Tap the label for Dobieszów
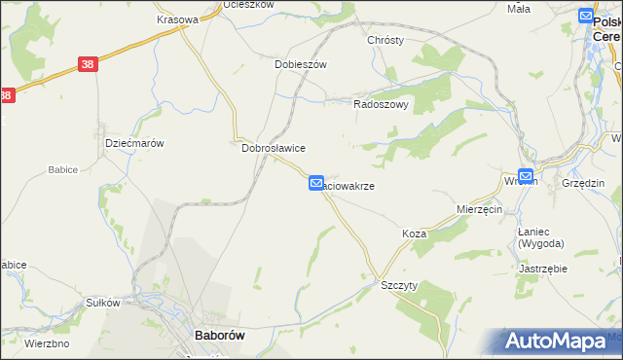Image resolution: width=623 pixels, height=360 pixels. click(x=300, y=64)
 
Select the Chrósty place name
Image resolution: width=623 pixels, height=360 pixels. click(x=385, y=40)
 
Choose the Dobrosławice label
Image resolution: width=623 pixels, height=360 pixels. click(x=274, y=148)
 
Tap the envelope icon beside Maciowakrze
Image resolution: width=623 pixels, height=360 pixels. click(x=316, y=183)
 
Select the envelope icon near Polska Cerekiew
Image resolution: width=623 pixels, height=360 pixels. click(x=585, y=16)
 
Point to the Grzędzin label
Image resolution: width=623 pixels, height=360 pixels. click(x=583, y=183)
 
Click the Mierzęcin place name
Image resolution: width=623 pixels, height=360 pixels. click(x=479, y=209)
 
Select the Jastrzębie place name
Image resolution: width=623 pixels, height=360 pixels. click(x=543, y=268)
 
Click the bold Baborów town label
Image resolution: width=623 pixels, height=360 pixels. click(x=219, y=335)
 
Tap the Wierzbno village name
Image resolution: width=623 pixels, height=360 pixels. click(x=45, y=343)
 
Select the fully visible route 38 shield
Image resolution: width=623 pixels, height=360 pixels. click(x=88, y=64)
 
